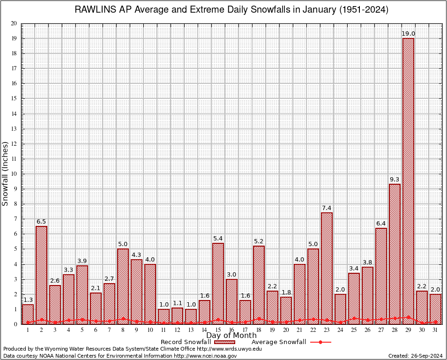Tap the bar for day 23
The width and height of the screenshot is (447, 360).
click(327, 268)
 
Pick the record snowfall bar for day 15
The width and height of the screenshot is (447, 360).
click(218, 283)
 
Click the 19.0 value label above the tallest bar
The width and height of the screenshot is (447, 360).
click(408, 34)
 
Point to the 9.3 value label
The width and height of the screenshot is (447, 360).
click(395, 180)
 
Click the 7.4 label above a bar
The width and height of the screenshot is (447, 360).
click(327, 208)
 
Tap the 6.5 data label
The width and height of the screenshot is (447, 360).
click(41, 222)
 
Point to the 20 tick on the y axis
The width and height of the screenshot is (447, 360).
click(14, 23)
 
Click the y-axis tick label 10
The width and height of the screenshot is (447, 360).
click(14, 174)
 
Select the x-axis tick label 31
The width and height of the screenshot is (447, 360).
click(435, 330)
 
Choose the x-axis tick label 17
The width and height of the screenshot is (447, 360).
click(245, 330)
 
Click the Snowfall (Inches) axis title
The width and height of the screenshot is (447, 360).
click(6, 173)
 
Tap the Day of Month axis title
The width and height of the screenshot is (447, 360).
click(231, 336)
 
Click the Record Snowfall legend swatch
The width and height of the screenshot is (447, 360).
click(225, 342)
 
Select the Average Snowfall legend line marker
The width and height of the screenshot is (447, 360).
click(320, 342)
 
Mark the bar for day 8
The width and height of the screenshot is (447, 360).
click(123, 286)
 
